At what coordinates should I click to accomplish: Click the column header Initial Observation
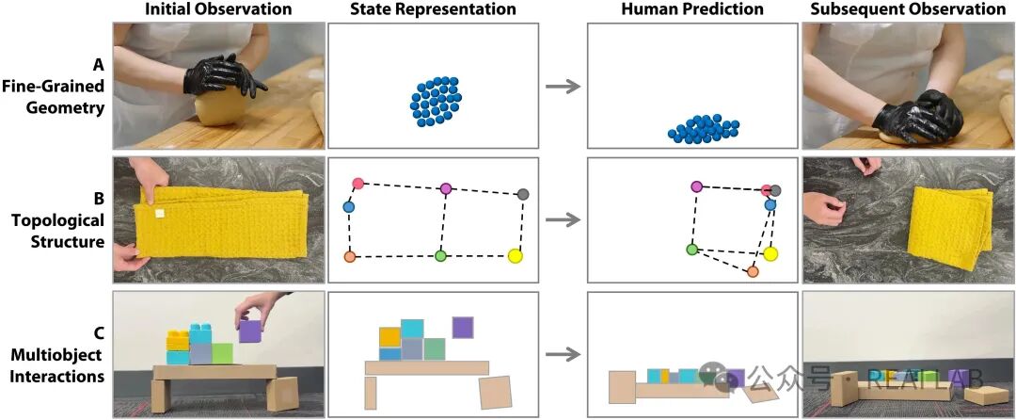[x=218, y=9]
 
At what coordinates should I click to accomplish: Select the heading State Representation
[x=433, y=9]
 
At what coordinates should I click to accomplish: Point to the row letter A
[x=98, y=65]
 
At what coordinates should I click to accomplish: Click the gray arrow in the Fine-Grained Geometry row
[x=562, y=87]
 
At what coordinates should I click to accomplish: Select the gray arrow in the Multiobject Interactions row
[x=562, y=354]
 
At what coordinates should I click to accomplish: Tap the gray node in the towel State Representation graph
[x=523, y=194]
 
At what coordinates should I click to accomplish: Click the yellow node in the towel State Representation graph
[x=515, y=255]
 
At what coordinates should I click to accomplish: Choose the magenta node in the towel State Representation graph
[x=446, y=189]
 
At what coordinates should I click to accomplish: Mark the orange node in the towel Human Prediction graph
[x=753, y=272]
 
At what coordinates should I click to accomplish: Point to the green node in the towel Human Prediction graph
[x=691, y=250]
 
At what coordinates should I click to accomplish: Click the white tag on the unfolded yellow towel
[x=160, y=215]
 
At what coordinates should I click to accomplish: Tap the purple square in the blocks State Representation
[x=462, y=327]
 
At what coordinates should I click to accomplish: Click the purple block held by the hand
[x=250, y=331]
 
